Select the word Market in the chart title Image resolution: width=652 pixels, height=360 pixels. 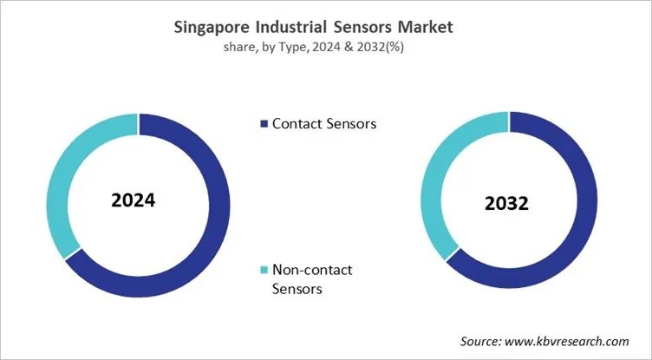point(424,28)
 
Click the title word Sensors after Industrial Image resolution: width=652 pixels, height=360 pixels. point(366,28)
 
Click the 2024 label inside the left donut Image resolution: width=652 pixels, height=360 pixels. point(133,200)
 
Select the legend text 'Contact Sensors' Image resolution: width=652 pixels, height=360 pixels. point(324,124)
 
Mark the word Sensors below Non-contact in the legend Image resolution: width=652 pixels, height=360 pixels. point(297,288)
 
